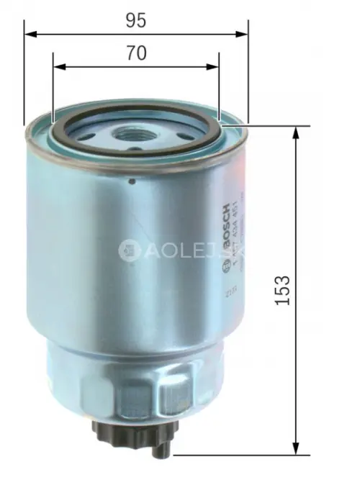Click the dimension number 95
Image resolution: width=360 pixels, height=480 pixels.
click(135, 21)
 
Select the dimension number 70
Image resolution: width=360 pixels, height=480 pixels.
click(136, 53)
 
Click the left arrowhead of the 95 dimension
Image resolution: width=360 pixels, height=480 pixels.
click(30, 33)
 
